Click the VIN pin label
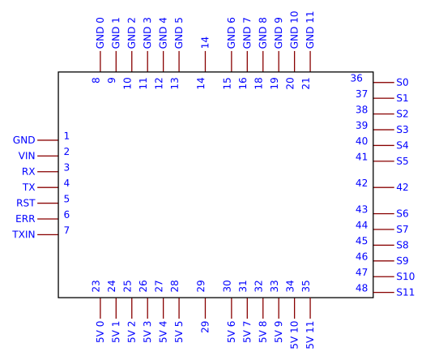(x=27, y=156)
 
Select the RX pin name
(x=28, y=172)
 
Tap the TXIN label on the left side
(x=23, y=234)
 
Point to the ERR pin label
(x=25, y=219)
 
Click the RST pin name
(x=26, y=203)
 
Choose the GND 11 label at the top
(x=310, y=30)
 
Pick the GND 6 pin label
(x=231, y=33)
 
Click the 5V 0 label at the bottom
(x=100, y=332)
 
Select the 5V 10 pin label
(x=294, y=335)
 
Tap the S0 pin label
(x=402, y=82)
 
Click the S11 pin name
(x=405, y=292)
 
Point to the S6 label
(x=402, y=213)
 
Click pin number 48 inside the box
(x=361, y=288)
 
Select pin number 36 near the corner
(x=356, y=78)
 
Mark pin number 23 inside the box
(x=96, y=286)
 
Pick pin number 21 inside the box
(x=306, y=84)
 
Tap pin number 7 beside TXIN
(x=66, y=230)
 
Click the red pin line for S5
(x=384, y=161)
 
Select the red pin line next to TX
(x=48, y=187)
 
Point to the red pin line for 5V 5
(x=179, y=308)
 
